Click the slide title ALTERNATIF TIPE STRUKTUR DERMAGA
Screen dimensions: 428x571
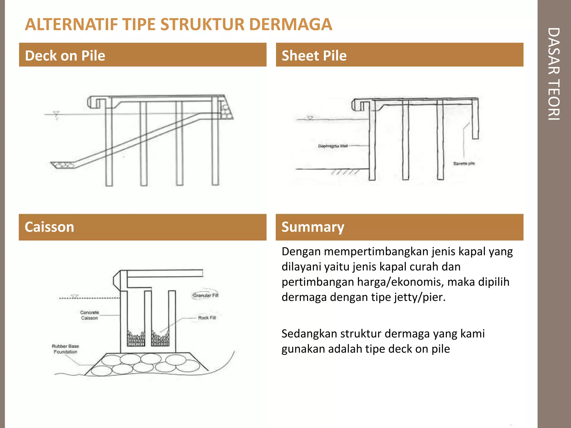(178, 24)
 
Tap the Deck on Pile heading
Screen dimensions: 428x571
(65, 55)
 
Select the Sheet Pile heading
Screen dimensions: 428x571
(314, 55)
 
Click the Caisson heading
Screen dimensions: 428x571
(49, 227)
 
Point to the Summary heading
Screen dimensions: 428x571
(313, 227)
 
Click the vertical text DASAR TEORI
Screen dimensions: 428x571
(554, 74)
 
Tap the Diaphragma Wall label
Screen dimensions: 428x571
(333, 146)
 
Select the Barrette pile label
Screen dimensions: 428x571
(464, 164)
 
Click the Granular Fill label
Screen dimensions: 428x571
(206, 295)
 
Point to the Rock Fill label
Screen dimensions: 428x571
(207, 318)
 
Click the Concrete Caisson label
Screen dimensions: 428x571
(89, 315)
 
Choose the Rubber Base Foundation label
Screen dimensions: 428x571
(65, 349)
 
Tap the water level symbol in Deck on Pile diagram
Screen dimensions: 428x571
(56, 114)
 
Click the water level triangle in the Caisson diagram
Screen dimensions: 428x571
(74, 296)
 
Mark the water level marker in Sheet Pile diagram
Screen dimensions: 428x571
(310, 118)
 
